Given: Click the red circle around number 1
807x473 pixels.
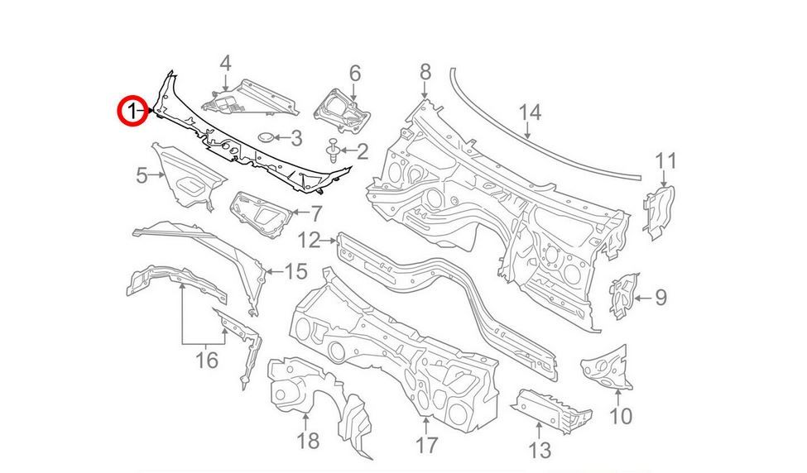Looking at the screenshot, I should (132, 110).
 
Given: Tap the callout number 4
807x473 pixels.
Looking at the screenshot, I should (225, 63).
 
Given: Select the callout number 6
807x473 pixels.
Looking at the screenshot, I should (355, 74).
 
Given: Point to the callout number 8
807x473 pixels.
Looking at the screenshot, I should (425, 72).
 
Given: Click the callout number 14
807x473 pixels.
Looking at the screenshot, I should (530, 112).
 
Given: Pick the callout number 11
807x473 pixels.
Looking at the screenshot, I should (666, 161).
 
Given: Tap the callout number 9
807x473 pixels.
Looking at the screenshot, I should (660, 297).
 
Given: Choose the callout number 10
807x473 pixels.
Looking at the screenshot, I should (621, 415).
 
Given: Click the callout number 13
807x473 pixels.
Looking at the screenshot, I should (539, 451).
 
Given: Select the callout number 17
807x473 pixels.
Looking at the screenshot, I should (426, 445).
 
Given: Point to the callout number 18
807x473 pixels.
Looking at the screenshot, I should (308, 441).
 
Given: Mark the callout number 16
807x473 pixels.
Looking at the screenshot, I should (206, 360).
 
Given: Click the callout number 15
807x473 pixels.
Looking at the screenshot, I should (296, 270).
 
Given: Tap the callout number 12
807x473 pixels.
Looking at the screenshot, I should (309, 241).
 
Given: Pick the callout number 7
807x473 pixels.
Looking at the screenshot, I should (316, 213).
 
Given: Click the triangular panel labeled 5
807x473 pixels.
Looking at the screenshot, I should (187, 178).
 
